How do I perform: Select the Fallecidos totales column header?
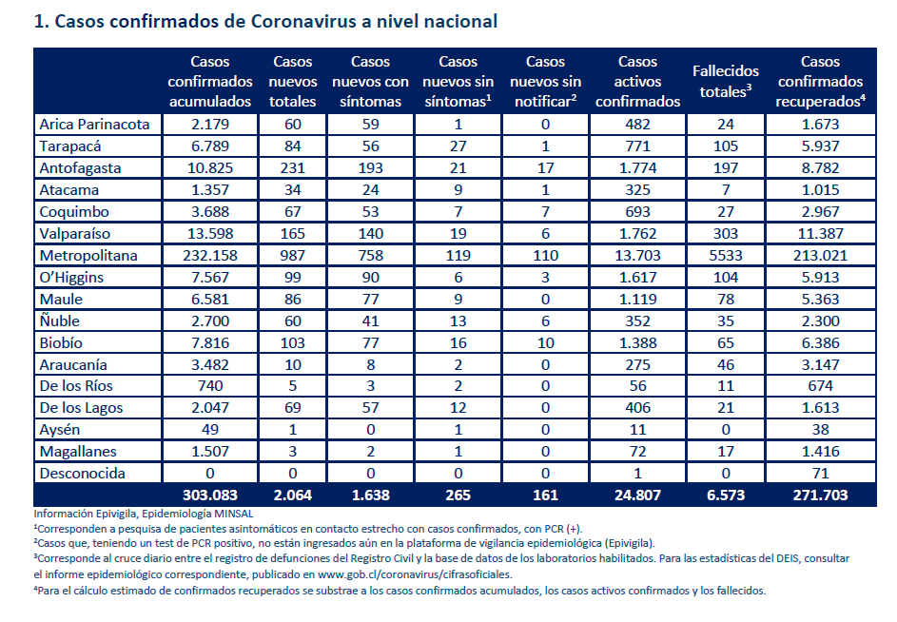pos(726,81)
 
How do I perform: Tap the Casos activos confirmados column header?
pos(637,81)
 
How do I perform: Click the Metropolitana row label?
pos(88,255)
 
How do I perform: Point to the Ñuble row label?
pos(60,321)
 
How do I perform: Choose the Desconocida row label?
pos(83,474)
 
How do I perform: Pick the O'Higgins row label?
pos(71,278)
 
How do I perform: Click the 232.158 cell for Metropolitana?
pos(210,255)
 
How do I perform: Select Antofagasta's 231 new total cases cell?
pos(292,168)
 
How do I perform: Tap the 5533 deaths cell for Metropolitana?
pos(726,255)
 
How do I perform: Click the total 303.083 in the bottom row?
pos(210,495)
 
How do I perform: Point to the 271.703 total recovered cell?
pos(820,495)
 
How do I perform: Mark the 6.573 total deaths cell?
pos(726,495)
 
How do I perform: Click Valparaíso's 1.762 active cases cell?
pos(637,233)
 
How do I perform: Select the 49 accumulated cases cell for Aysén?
pos(210,430)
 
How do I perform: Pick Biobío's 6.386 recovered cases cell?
pos(820,342)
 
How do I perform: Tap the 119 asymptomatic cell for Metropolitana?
pos(458,255)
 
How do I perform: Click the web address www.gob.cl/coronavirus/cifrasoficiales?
pos(415,574)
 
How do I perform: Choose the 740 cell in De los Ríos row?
pos(210,386)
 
